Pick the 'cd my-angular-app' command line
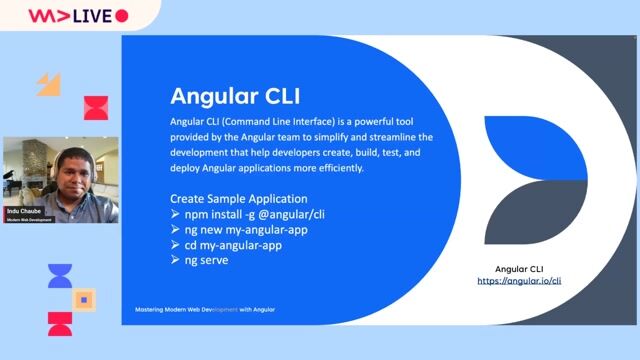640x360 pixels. click(x=232, y=245)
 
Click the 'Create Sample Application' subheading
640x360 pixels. click(x=239, y=199)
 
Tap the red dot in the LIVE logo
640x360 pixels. click(x=122, y=16)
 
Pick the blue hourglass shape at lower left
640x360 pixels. click(x=60, y=276)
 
